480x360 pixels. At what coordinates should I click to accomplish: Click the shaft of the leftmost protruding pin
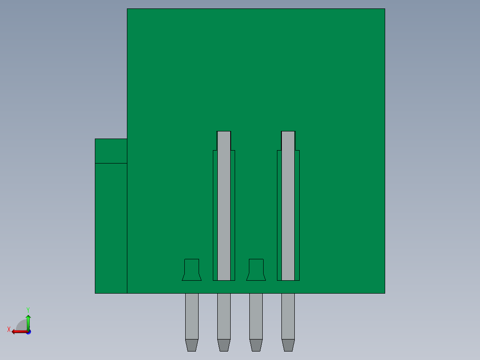click(x=192, y=316)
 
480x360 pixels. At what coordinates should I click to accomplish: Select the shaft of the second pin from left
click(x=224, y=316)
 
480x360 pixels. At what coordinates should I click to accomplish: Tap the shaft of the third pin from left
click(x=256, y=316)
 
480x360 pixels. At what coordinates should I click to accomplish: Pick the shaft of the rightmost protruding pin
click(x=288, y=316)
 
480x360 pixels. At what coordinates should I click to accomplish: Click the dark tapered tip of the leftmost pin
click(x=192, y=345)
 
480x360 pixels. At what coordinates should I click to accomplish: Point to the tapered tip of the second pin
click(x=224, y=345)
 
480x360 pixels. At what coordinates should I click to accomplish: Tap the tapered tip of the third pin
click(x=256, y=345)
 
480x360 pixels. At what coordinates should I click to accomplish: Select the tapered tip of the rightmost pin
click(x=288, y=345)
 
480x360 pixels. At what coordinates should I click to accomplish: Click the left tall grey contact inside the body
click(x=224, y=205)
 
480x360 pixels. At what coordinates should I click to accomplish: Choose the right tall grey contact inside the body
click(x=288, y=205)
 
